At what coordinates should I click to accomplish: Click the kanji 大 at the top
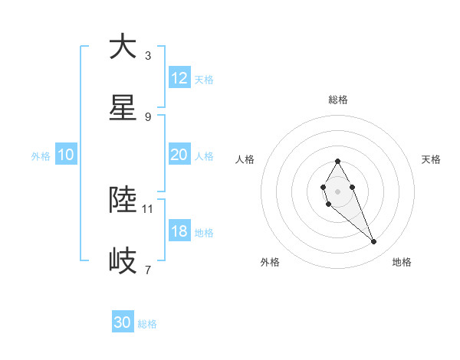click(123, 47)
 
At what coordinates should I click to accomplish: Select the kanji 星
click(123, 109)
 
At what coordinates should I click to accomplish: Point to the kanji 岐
click(123, 261)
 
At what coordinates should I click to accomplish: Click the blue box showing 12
click(179, 78)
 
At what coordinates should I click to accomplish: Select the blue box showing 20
click(179, 155)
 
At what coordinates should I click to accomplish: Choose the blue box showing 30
click(123, 323)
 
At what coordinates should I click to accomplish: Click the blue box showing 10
click(66, 155)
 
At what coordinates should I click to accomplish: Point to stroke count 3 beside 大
click(148, 56)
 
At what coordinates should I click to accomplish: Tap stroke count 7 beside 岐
click(148, 270)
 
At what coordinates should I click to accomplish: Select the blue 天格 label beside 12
click(204, 79)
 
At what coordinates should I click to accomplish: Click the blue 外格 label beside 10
click(41, 155)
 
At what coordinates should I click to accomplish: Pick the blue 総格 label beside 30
click(148, 324)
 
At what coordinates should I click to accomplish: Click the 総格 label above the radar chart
click(337, 100)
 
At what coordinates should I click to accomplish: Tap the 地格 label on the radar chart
click(402, 262)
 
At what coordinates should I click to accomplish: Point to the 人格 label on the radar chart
click(245, 159)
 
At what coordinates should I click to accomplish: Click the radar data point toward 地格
click(374, 242)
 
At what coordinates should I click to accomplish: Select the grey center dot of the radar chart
click(337, 190)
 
